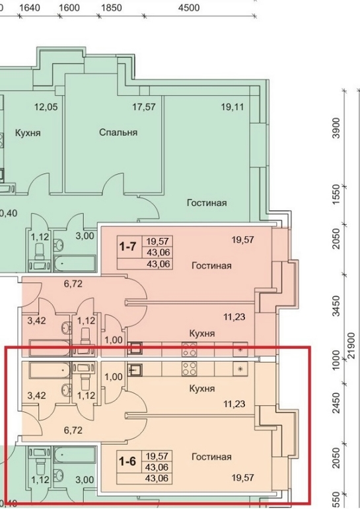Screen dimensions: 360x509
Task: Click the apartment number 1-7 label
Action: (127, 247)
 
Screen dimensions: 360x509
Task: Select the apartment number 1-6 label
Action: (127, 461)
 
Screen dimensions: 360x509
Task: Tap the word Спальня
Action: (118, 132)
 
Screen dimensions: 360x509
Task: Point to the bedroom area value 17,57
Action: (144, 106)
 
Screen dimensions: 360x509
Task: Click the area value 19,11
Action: (233, 107)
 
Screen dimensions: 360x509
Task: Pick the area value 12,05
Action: (46, 106)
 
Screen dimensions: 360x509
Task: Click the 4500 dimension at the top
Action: (189, 7)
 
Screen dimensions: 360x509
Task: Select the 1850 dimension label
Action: (111, 7)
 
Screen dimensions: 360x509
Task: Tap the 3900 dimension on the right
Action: (336, 128)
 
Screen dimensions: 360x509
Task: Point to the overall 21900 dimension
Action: (351, 345)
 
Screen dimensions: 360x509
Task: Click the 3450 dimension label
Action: (336, 305)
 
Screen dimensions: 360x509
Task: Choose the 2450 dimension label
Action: (336, 403)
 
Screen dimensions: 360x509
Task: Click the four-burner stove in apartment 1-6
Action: (189, 368)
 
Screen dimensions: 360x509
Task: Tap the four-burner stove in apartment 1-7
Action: (189, 349)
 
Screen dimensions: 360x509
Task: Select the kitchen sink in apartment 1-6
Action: (135, 369)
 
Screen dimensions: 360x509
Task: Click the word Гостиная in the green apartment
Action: (207, 203)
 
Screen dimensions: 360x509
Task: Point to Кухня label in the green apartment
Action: (28, 133)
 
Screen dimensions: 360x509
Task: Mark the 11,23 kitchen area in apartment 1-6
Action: (234, 404)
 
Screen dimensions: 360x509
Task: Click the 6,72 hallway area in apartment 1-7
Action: (73, 284)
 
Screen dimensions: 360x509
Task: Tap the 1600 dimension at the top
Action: (69, 7)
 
